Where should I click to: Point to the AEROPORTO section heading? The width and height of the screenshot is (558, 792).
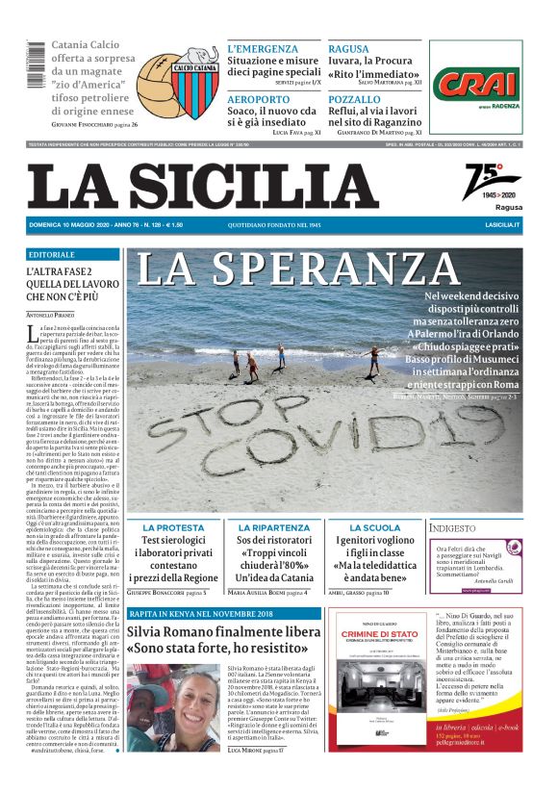point(257,99)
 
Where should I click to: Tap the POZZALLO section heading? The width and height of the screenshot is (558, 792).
point(354,99)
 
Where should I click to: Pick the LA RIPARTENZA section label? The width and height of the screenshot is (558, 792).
point(274,527)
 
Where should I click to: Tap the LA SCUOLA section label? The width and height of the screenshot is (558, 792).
point(374,527)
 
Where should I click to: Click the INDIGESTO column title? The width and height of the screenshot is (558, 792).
point(454,527)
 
